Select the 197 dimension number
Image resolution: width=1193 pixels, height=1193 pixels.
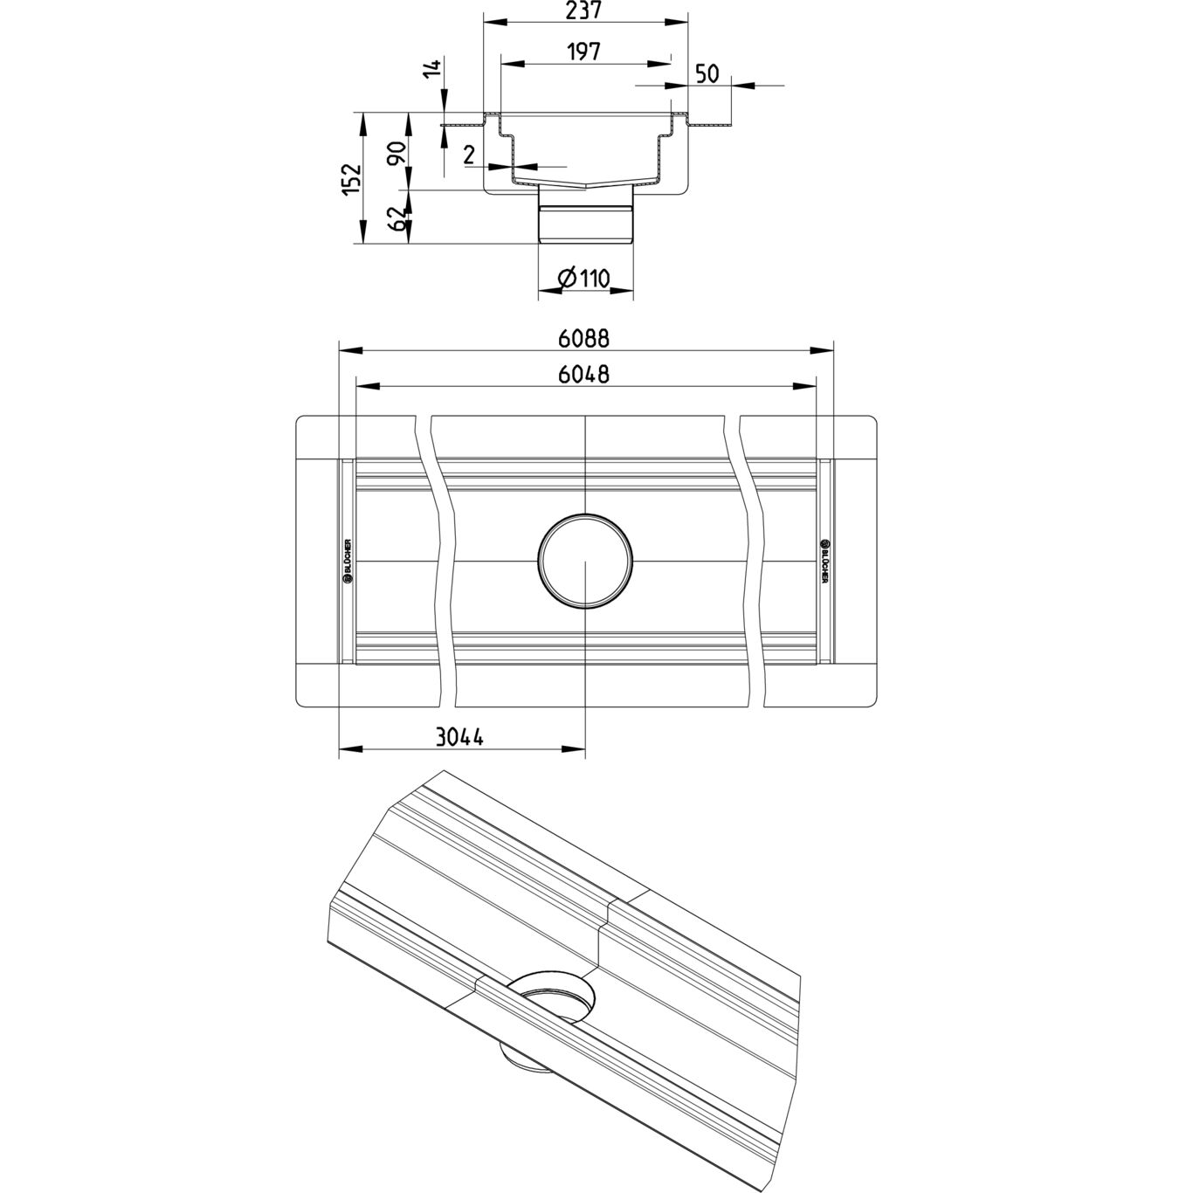pyautogui.click(x=584, y=52)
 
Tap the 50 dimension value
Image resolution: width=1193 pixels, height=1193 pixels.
pyautogui.click(x=707, y=73)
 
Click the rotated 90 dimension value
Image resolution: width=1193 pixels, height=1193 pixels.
pyautogui.click(x=397, y=154)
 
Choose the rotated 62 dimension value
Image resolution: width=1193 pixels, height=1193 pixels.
pyautogui.click(x=397, y=218)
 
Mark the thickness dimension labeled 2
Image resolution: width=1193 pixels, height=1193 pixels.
pyautogui.click(x=469, y=155)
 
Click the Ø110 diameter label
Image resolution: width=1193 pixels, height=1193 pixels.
pyautogui.click(x=583, y=279)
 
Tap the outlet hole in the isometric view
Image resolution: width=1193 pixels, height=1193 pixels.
pyautogui.click(x=551, y=997)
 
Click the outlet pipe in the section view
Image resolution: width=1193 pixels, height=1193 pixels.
pyautogui.click(x=584, y=223)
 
